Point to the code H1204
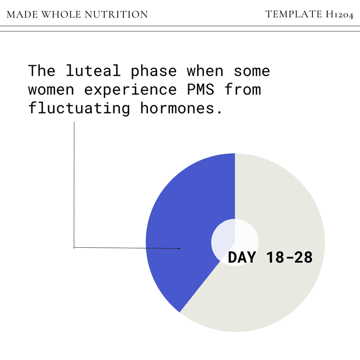[x=339, y=14]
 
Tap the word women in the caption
[x=51, y=89]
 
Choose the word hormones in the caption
[x=181, y=108]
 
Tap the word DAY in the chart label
[x=242, y=257]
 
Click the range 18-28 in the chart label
[x=289, y=257]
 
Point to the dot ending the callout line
[x=179, y=249]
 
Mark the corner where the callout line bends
[x=74, y=247]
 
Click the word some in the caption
[x=252, y=71]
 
